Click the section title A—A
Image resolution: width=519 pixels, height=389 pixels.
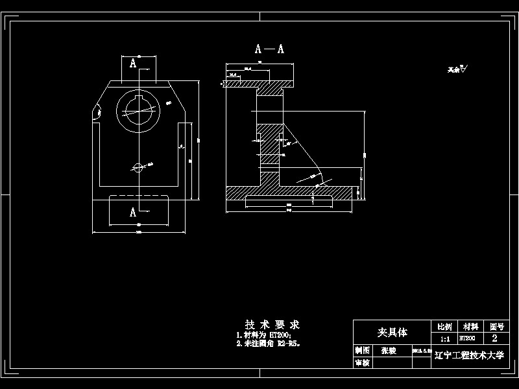pyautogui.click(x=269, y=49)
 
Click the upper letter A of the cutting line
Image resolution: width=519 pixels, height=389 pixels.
pyautogui.click(x=133, y=63)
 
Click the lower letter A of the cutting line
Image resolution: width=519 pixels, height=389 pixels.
pyautogui.click(x=133, y=212)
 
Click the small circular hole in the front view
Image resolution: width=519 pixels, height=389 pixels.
pyautogui.click(x=138, y=167)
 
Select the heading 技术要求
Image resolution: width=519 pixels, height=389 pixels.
pyautogui.click(x=272, y=324)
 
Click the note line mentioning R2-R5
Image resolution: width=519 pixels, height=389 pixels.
pyautogui.click(x=268, y=344)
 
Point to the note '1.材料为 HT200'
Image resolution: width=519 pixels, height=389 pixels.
pyautogui.click(x=263, y=335)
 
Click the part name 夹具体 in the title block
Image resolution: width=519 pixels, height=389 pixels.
pyautogui.click(x=392, y=332)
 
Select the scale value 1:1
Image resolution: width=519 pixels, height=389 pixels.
pyautogui.click(x=445, y=338)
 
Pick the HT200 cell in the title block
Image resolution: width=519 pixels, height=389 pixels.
pyautogui.click(x=467, y=338)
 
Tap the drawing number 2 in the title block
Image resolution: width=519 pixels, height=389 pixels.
pyautogui.click(x=495, y=338)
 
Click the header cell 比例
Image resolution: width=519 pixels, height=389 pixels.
pyautogui.click(x=445, y=326)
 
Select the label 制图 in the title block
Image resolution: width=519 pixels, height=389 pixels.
pyautogui.click(x=362, y=350)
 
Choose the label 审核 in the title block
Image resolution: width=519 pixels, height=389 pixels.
pyautogui.click(x=362, y=363)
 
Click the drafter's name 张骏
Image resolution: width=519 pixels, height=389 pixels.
pyautogui.click(x=388, y=350)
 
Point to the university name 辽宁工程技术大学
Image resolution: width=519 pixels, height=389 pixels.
pyautogui.click(x=468, y=356)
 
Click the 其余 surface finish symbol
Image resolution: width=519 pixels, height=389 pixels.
pyautogui.click(x=457, y=69)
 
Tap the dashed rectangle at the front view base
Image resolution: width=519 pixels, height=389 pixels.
pyautogui.click(x=139, y=211)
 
